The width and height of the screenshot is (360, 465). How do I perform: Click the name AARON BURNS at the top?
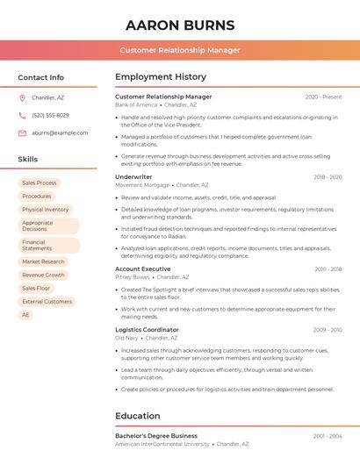point(180,25)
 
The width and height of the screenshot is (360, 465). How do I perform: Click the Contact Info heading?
point(40,77)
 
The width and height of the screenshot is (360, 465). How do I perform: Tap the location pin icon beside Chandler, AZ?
point(22,97)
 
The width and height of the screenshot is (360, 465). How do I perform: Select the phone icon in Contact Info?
point(22,115)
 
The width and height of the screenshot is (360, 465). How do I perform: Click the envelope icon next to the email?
point(22,132)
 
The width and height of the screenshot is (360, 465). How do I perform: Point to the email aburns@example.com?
point(60,132)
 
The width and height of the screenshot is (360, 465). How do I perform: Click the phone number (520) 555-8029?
point(50,115)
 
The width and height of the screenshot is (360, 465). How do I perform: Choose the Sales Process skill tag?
point(40,182)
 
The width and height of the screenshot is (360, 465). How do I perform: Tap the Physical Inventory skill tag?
point(46,210)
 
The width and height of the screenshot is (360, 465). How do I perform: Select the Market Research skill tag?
point(43,261)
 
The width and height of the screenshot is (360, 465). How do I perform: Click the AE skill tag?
point(25,314)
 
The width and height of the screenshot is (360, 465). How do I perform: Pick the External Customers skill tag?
point(47,301)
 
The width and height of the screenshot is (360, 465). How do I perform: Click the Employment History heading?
point(161,77)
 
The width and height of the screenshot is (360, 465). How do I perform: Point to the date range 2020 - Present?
point(323,97)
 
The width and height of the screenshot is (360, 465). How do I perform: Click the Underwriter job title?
point(133,176)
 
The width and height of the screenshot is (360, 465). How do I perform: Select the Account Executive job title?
point(142,268)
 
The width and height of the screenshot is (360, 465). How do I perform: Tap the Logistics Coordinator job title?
point(147,329)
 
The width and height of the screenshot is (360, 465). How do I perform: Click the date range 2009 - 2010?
point(327,330)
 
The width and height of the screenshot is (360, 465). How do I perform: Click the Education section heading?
point(138,416)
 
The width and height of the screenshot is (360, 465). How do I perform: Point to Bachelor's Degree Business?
point(156,435)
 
